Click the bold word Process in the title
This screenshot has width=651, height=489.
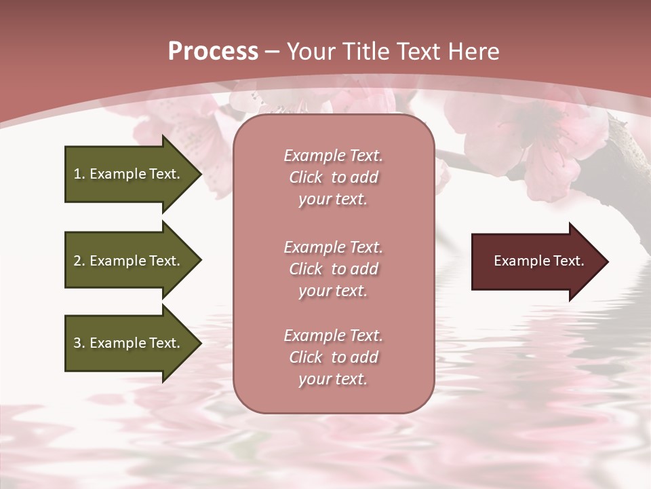(213, 52)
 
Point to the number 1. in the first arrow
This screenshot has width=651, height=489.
(79, 174)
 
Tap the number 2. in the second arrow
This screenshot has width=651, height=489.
(79, 261)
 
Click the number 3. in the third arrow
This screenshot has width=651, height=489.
(79, 343)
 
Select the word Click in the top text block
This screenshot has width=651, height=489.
(306, 177)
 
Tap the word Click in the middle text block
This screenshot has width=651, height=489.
(306, 269)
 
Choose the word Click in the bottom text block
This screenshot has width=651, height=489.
(306, 357)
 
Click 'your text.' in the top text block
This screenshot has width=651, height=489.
(333, 199)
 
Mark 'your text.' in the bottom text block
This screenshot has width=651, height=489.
(333, 379)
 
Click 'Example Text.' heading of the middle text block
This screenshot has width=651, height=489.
(333, 247)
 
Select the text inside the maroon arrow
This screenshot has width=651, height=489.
(538, 261)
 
